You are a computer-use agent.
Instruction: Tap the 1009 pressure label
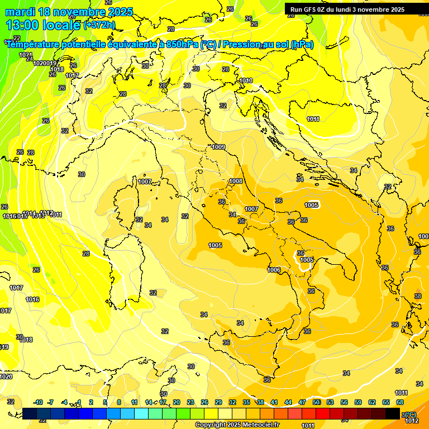218,147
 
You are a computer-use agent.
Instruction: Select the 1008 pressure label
236,182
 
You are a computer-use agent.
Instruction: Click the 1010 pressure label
246,81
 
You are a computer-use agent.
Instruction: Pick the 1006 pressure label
274,270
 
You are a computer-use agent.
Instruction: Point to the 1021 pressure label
26,55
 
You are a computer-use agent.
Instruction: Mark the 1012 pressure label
412,421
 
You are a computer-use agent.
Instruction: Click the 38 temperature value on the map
417,296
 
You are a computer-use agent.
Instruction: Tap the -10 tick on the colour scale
38,402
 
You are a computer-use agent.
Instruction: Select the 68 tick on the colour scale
400,402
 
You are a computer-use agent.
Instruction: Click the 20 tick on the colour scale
176,402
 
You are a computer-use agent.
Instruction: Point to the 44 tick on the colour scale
288,402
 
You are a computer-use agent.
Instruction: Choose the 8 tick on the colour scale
119,402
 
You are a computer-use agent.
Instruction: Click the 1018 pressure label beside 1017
26,340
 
